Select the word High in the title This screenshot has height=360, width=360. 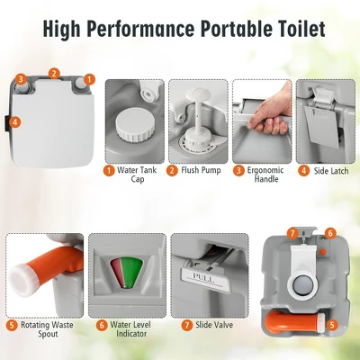pos(61,30)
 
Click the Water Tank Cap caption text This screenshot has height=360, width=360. pos(137,175)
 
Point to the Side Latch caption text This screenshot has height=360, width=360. pos(331,171)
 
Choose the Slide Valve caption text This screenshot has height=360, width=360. pos(214,325)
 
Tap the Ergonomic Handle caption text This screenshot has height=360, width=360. pos(265,175)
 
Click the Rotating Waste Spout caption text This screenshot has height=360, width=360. pos(47,329)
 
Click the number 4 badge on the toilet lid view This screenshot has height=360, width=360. pos(15,122)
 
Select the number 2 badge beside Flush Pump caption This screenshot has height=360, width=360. pos(172,171)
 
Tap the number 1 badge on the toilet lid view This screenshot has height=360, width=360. pos(89,79)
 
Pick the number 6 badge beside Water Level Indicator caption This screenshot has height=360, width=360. pos(102,325)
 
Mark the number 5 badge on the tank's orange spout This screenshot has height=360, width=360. pos(332,325)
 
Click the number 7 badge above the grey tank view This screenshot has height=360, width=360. pos(292,233)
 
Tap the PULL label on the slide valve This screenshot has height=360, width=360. pos(202,276)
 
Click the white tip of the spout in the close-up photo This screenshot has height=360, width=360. pos(22,279)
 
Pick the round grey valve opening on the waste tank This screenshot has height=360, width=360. pos(303,283)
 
